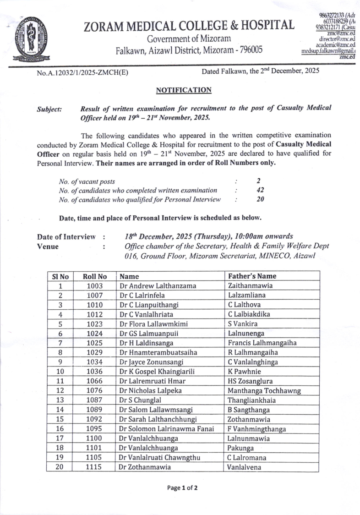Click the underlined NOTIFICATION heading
click(184, 90)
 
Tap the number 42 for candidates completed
click(260, 190)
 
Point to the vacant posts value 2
click(259, 181)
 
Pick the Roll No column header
click(95, 276)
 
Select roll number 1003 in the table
click(95, 286)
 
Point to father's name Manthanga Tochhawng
click(264, 390)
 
